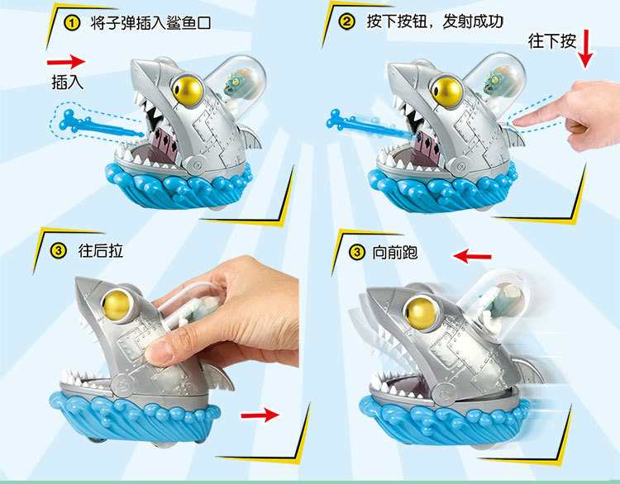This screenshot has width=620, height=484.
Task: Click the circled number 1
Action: [71, 23]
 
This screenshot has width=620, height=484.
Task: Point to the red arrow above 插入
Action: [66, 61]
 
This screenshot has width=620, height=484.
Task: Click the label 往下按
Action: [551, 40]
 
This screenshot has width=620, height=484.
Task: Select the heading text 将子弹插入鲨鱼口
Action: [150, 23]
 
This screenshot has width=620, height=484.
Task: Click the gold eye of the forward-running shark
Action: [418, 312]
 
